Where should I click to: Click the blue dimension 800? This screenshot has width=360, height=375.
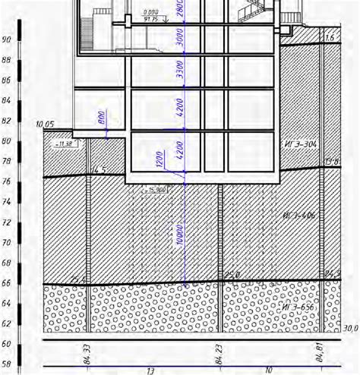[x=102, y=121]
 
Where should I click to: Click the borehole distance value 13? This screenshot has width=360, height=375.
[x=150, y=370]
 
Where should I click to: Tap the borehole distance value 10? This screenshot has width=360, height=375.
[x=270, y=370]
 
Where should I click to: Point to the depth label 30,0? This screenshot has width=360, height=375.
[x=349, y=329]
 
